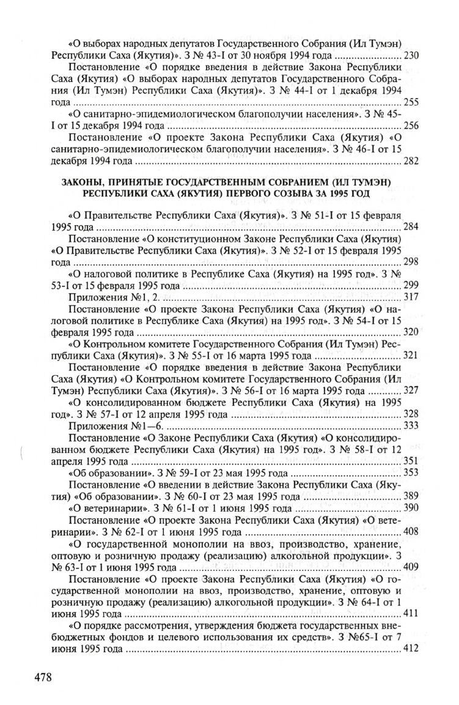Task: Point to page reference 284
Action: click(411, 227)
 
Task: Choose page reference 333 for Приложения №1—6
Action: click(411, 425)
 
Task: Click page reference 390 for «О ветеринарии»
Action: click(411, 507)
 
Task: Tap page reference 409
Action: click(411, 566)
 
